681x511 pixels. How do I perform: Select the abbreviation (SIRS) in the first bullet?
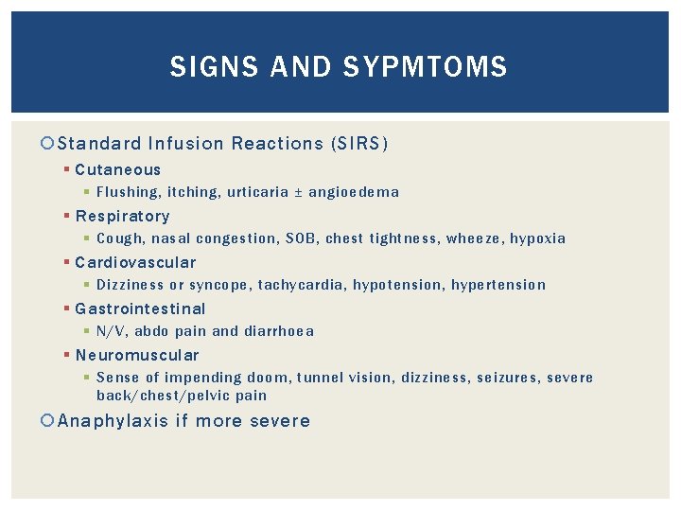click(x=359, y=144)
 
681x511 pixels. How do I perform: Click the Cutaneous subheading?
click(x=118, y=170)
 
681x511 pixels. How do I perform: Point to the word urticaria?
click(x=258, y=192)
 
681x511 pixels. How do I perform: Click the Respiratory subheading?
click(x=123, y=216)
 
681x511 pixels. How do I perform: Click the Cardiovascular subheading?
click(x=136, y=262)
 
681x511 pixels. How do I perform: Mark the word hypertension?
click(x=498, y=285)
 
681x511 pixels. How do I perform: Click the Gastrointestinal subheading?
click(x=140, y=308)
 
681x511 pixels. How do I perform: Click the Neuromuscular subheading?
click(x=137, y=355)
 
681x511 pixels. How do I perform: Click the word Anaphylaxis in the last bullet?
click(x=113, y=421)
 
